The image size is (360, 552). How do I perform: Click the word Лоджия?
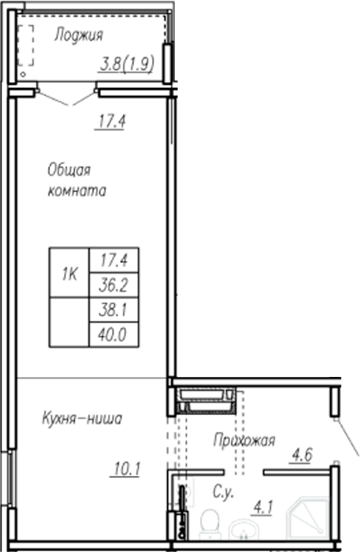point(78,34)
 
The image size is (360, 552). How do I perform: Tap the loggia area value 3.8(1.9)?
point(126,64)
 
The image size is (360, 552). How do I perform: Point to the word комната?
point(76,192)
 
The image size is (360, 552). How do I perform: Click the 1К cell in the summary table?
point(69,275)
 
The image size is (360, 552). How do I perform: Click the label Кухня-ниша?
point(81,419)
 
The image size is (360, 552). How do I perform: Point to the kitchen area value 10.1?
point(125,467)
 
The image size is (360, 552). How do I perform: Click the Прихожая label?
point(244,440)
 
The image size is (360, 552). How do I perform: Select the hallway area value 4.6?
point(301,456)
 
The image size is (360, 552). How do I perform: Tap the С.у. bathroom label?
point(223,493)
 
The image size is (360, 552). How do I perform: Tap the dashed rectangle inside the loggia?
point(26,47)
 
